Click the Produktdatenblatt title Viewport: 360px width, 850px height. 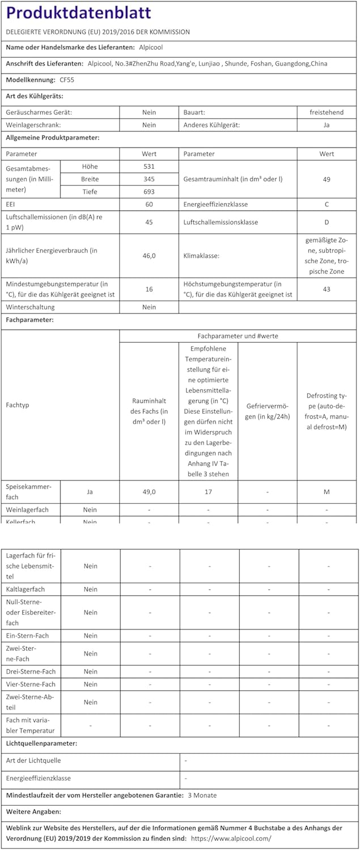[x=78, y=12]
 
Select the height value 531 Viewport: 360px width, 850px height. [x=149, y=167]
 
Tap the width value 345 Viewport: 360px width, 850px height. [x=149, y=179]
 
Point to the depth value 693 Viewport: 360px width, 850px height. [x=149, y=192]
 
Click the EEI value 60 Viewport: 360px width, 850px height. [x=149, y=204]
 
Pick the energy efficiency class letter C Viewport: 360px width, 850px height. [x=327, y=204]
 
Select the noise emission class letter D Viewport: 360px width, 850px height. [x=327, y=222]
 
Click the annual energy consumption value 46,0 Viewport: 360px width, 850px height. [x=149, y=256]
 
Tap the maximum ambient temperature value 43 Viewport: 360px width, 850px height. [x=327, y=289]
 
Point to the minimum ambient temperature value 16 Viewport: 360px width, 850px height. [x=149, y=289]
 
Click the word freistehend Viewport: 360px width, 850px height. [x=327, y=112]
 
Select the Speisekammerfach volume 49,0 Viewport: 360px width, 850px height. [x=149, y=492]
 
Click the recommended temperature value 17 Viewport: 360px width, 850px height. [x=209, y=492]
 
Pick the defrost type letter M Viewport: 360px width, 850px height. [x=327, y=492]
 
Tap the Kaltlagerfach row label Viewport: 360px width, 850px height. [x=26, y=589]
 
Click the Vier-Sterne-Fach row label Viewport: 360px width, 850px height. [x=31, y=684]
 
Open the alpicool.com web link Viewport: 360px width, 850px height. [x=231, y=838]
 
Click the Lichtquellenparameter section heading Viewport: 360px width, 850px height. [x=41, y=743]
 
